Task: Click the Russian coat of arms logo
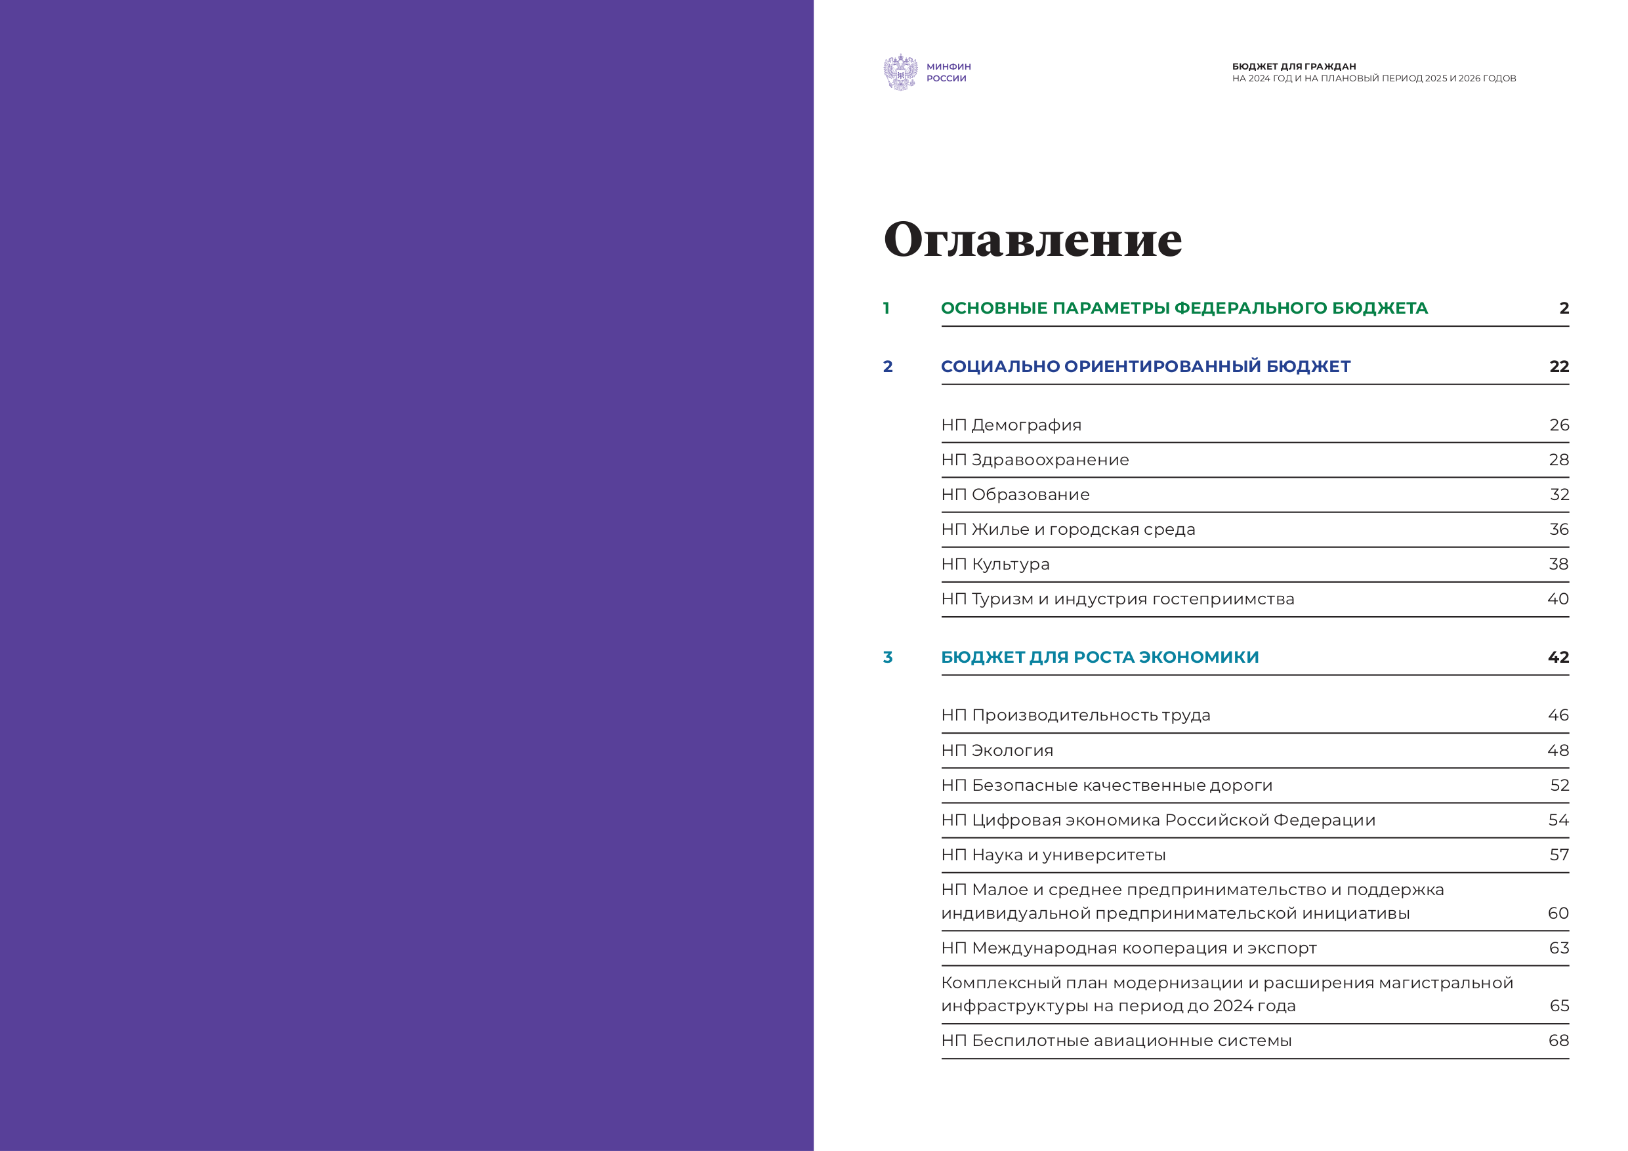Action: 900,72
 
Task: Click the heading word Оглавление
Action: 1032,240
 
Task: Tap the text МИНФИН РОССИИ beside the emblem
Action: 948,72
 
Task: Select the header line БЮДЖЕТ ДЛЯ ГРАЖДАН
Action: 1293,67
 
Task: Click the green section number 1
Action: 887,308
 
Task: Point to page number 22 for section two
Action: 1558,367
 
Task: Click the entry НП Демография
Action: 1011,425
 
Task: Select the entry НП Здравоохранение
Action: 1035,460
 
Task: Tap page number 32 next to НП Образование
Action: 1559,495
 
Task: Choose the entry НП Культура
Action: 995,564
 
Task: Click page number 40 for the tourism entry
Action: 1558,599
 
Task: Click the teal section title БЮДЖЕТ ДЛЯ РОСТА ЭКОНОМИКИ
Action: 1100,658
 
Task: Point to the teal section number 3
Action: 888,658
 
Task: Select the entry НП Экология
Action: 997,751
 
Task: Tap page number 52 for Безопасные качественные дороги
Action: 1559,785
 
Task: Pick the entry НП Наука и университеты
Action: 1053,855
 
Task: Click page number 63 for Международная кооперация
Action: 1558,948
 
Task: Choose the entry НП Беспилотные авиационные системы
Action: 1116,1041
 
